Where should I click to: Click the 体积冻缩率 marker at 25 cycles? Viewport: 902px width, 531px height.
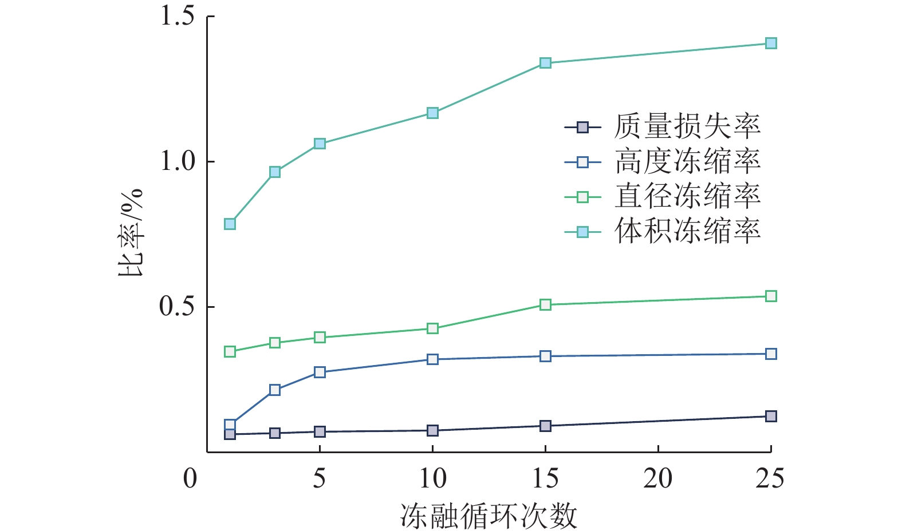pos(771,43)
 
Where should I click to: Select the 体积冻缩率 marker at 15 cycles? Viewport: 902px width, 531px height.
pos(545,63)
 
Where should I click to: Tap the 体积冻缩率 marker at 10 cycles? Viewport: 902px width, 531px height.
pos(432,113)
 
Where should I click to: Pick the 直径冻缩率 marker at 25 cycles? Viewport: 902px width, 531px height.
pos(771,296)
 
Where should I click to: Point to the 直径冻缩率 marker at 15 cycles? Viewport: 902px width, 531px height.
pos(545,304)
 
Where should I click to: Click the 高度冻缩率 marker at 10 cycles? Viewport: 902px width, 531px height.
pos(432,359)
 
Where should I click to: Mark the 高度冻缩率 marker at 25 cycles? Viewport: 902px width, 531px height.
pos(771,354)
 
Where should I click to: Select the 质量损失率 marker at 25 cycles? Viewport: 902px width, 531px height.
pos(771,416)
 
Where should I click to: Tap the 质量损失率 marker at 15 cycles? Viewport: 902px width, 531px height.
pos(545,426)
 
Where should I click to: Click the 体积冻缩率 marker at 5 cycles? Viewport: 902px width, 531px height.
pos(320,144)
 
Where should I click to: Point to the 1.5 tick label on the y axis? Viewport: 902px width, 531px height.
pos(178,16)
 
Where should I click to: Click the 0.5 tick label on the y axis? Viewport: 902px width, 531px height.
pos(178,307)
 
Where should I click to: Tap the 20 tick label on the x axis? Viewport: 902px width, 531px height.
pos(658,478)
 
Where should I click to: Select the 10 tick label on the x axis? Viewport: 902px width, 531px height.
pos(432,478)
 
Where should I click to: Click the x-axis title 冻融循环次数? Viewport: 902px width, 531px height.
pos(489,516)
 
